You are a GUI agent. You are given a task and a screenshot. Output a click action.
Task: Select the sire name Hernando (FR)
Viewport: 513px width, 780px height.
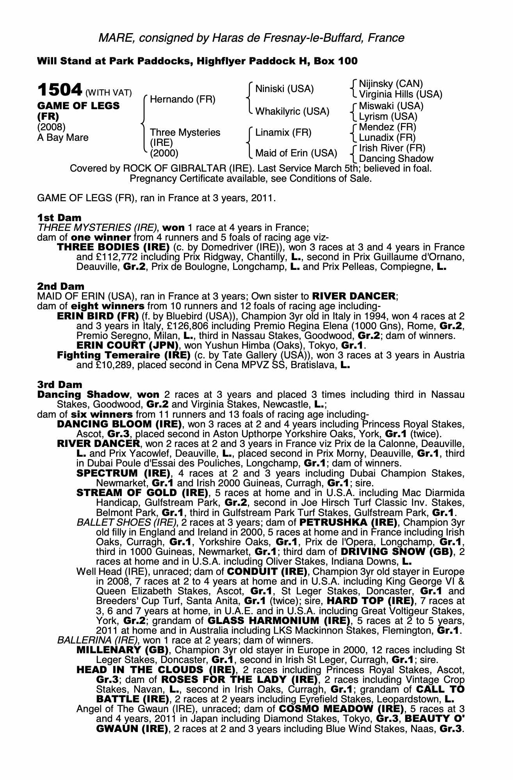click(x=182, y=99)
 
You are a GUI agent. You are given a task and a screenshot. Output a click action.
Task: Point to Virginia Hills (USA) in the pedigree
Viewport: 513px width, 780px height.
click(x=401, y=94)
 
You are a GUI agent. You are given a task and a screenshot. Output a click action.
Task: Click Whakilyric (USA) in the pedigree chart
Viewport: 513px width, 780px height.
click(x=292, y=112)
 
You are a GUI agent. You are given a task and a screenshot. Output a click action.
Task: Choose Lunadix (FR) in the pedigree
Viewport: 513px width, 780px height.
click(x=387, y=137)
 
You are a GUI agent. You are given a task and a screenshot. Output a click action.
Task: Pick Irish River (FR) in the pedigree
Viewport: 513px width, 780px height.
click(x=392, y=148)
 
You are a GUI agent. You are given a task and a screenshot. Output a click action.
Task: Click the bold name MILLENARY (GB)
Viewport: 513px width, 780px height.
click(x=123, y=650)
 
